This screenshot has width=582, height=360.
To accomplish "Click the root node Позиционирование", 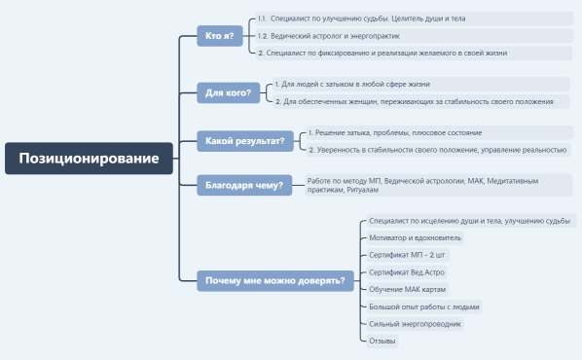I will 89,158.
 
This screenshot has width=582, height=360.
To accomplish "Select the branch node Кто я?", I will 219,36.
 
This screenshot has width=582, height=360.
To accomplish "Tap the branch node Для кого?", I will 228,93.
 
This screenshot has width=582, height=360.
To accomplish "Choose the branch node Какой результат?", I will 244,141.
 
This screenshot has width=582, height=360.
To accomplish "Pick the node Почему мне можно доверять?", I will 274,281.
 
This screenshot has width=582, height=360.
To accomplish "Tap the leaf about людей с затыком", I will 365,84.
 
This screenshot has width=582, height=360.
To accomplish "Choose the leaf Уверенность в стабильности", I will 437,150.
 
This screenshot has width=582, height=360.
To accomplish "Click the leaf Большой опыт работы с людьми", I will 424,306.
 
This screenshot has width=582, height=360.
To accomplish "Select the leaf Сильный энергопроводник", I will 416,323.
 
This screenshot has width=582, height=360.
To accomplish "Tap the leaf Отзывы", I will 382,341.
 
